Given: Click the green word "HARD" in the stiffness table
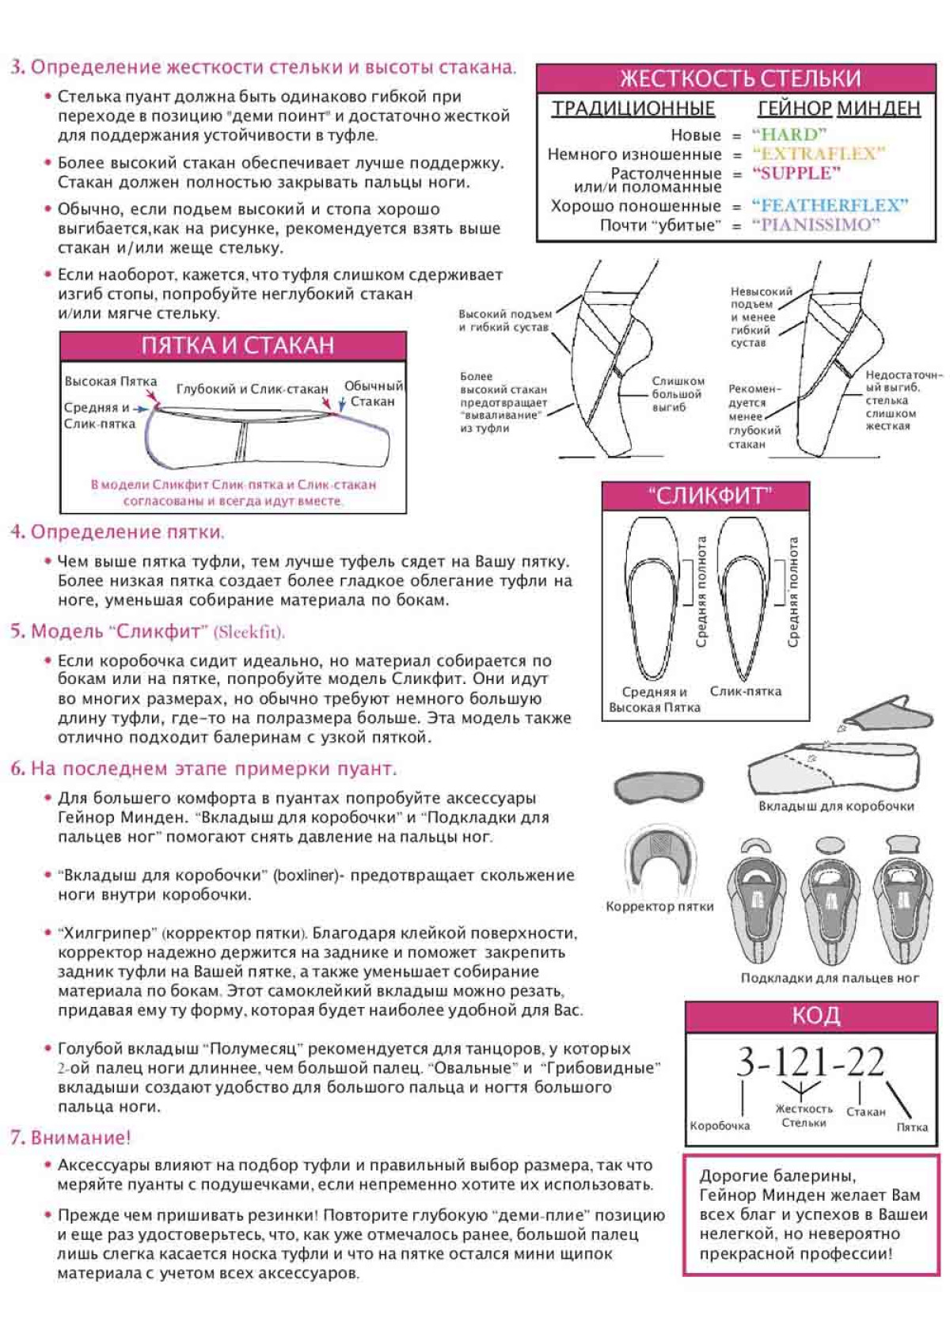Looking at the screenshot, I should point(788,134).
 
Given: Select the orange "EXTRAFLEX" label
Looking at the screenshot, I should point(818,154).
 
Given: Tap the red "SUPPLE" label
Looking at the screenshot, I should point(796,173).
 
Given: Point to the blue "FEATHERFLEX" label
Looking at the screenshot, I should point(829,206).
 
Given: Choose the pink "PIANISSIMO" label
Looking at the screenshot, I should point(815,225).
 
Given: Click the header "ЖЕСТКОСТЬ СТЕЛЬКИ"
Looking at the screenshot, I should point(739,78).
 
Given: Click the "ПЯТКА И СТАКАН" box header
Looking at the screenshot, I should point(237,345).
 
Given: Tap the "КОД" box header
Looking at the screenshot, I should point(815,1016).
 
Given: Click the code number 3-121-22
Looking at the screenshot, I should point(809,1062).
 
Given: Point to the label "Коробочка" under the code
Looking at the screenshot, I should point(719,1126).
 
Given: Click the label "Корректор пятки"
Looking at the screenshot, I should point(659,906).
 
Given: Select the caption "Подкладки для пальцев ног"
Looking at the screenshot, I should point(829,978).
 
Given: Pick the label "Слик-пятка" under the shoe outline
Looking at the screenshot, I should point(745,691).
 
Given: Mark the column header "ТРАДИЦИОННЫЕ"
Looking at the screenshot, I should point(633,108).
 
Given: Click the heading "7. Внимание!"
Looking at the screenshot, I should point(70,1138).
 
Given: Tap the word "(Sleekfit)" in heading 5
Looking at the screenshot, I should point(249,632).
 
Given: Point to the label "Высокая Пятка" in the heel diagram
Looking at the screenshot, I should point(111,382).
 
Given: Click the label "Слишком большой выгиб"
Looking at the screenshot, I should point(678,394).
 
